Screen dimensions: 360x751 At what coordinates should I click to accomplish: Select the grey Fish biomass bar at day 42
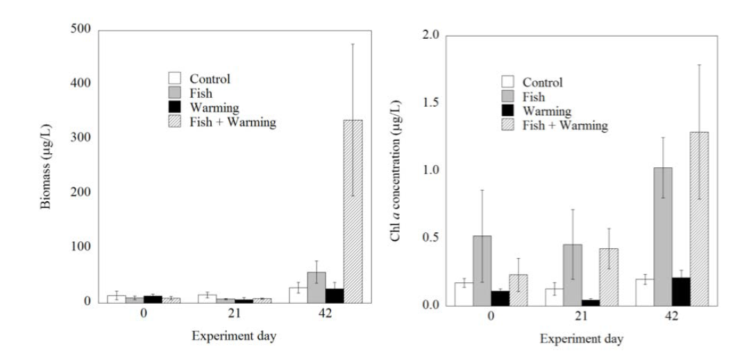tap(317, 286)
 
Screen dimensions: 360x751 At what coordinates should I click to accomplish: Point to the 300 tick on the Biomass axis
tap(82, 139)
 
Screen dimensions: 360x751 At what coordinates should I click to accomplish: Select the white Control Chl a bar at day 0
tap(464, 293)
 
